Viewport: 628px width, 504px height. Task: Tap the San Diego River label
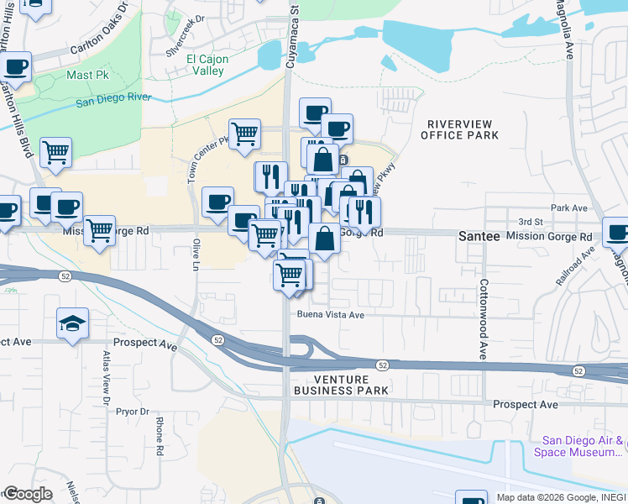pos(113,100)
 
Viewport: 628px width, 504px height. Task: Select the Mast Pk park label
pos(83,76)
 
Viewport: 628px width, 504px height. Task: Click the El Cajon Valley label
pos(205,65)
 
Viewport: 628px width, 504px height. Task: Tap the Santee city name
pos(479,237)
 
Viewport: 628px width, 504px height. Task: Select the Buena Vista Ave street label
pos(330,315)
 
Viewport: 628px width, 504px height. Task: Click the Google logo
pos(27,494)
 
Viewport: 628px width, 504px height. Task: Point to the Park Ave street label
pos(568,207)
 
